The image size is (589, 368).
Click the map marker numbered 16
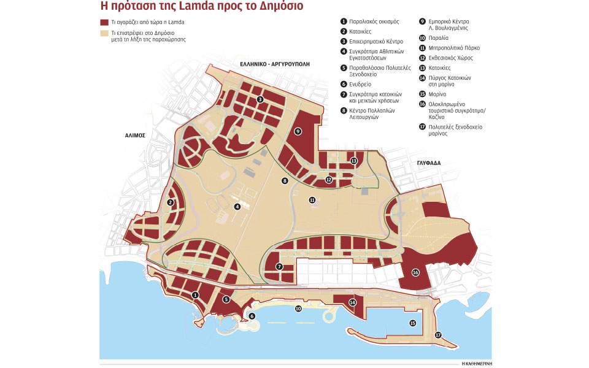[415, 272]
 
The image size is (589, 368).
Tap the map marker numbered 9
[298, 131]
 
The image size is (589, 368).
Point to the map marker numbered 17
[438, 335]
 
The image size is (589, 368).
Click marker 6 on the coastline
[252, 316]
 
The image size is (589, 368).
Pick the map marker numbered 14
[352, 302]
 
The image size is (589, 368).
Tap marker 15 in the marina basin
[412, 323]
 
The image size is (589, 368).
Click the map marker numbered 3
[260, 99]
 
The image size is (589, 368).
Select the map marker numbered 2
[171, 203]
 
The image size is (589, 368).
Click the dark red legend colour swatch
[105, 22]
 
